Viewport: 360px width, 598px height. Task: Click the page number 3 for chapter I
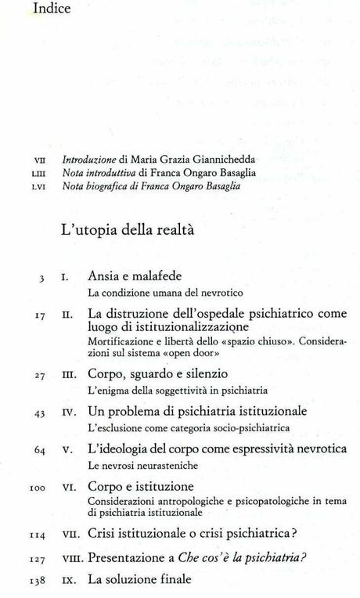41,278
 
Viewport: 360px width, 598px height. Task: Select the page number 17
38,316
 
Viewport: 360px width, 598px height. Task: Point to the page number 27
38,375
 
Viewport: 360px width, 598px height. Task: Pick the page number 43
38,412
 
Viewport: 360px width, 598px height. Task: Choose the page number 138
36,582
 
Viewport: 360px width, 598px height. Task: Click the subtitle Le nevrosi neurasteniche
132,466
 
